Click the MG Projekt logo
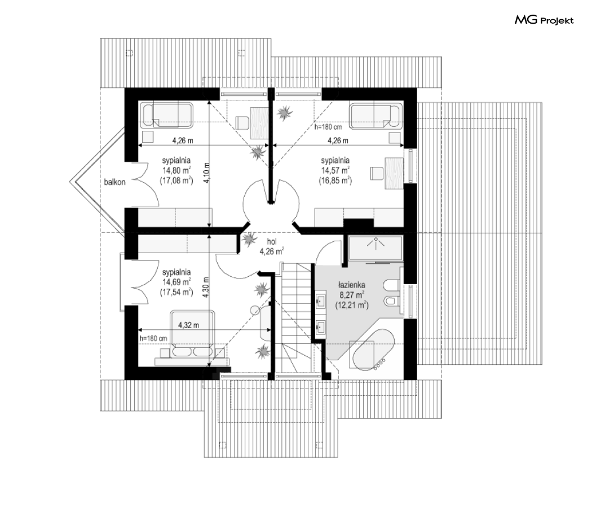click(x=544, y=20)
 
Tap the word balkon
click(x=115, y=182)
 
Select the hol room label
click(x=272, y=242)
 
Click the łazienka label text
click(x=351, y=285)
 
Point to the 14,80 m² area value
click(x=176, y=170)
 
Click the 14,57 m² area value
click(x=335, y=170)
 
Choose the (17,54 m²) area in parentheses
click(x=176, y=292)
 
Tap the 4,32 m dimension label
click(x=189, y=325)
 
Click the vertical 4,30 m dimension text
click(x=206, y=288)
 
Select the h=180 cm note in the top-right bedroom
click(x=328, y=127)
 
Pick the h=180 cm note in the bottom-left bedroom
click(x=153, y=338)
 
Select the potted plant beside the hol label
click(x=249, y=238)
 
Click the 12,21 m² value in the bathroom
click(x=352, y=305)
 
